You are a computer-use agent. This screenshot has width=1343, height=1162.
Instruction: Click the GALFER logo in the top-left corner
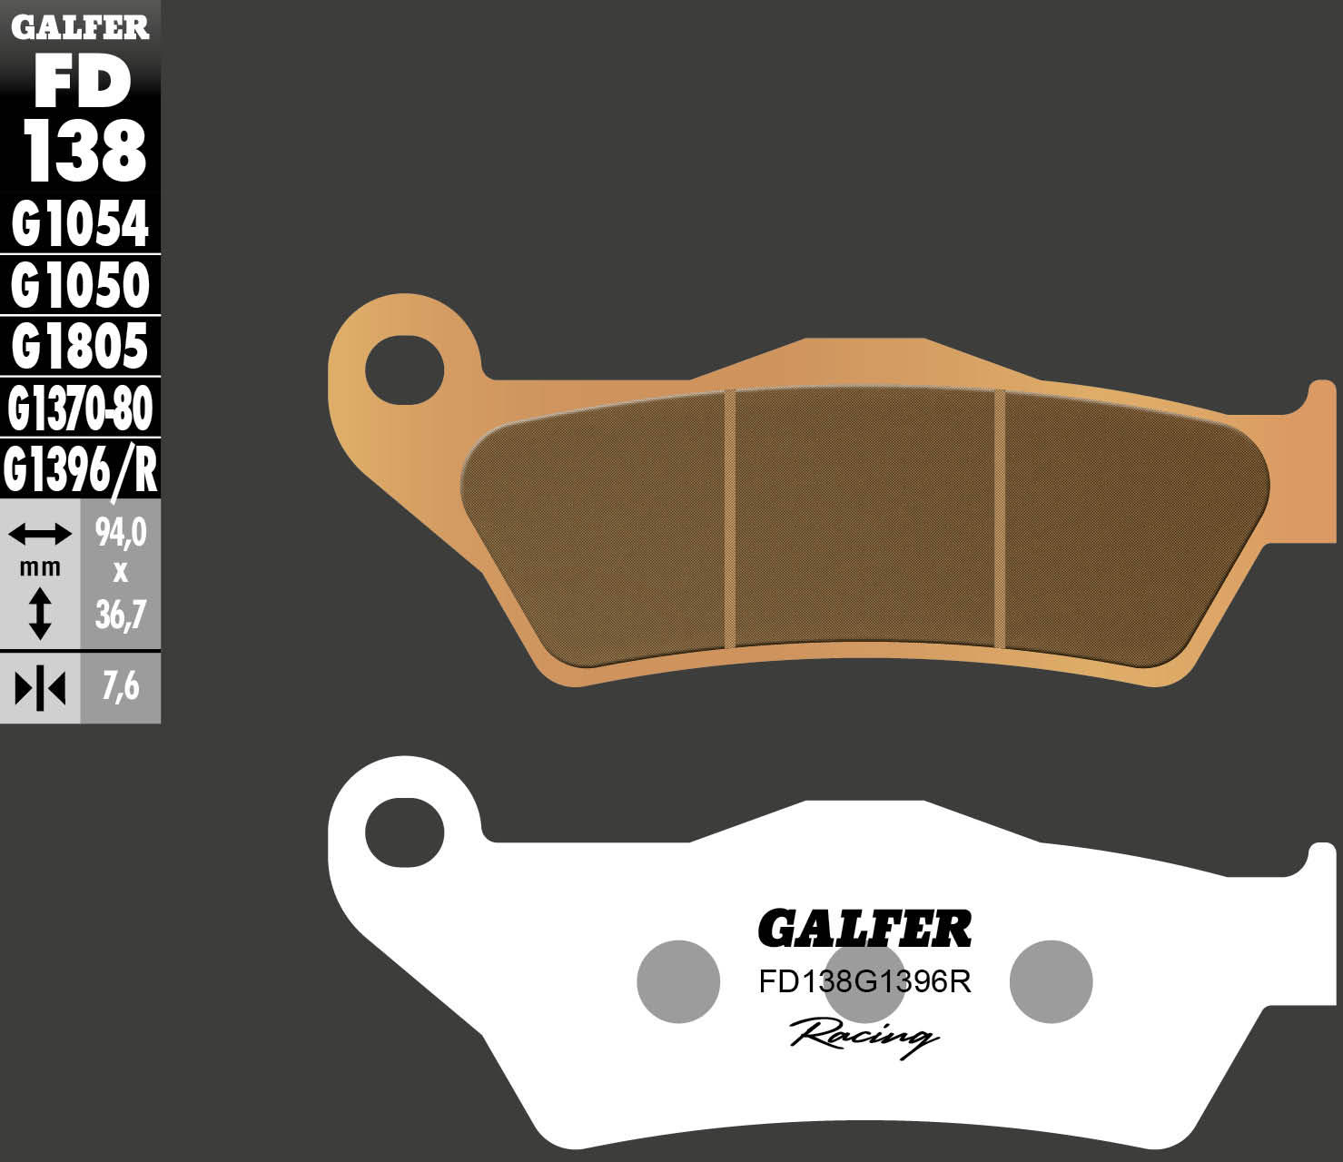[x=80, y=27]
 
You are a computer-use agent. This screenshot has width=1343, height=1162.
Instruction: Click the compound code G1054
[x=80, y=224]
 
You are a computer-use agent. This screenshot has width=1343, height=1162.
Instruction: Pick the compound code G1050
[x=80, y=285]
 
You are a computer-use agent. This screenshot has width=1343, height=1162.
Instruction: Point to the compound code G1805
[x=80, y=346]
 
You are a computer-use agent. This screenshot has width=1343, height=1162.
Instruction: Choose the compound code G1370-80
[x=80, y=408]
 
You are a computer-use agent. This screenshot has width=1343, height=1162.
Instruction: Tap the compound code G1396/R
[x=80, y=469]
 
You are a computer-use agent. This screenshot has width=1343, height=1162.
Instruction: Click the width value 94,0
[x=121, y=533]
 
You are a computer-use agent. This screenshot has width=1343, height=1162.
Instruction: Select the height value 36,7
[x=121, y=615]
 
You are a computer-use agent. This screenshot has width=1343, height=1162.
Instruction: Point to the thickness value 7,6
[x=121, y=687]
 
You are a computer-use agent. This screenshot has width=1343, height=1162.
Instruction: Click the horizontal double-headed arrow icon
[x=39, y=534]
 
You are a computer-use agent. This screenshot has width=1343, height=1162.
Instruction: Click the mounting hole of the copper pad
[x=404, y=370]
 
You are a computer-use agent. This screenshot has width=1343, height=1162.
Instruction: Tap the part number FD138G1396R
[x=864, y=982]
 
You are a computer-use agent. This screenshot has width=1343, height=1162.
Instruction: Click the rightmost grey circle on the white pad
[x=1051, y=981]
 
